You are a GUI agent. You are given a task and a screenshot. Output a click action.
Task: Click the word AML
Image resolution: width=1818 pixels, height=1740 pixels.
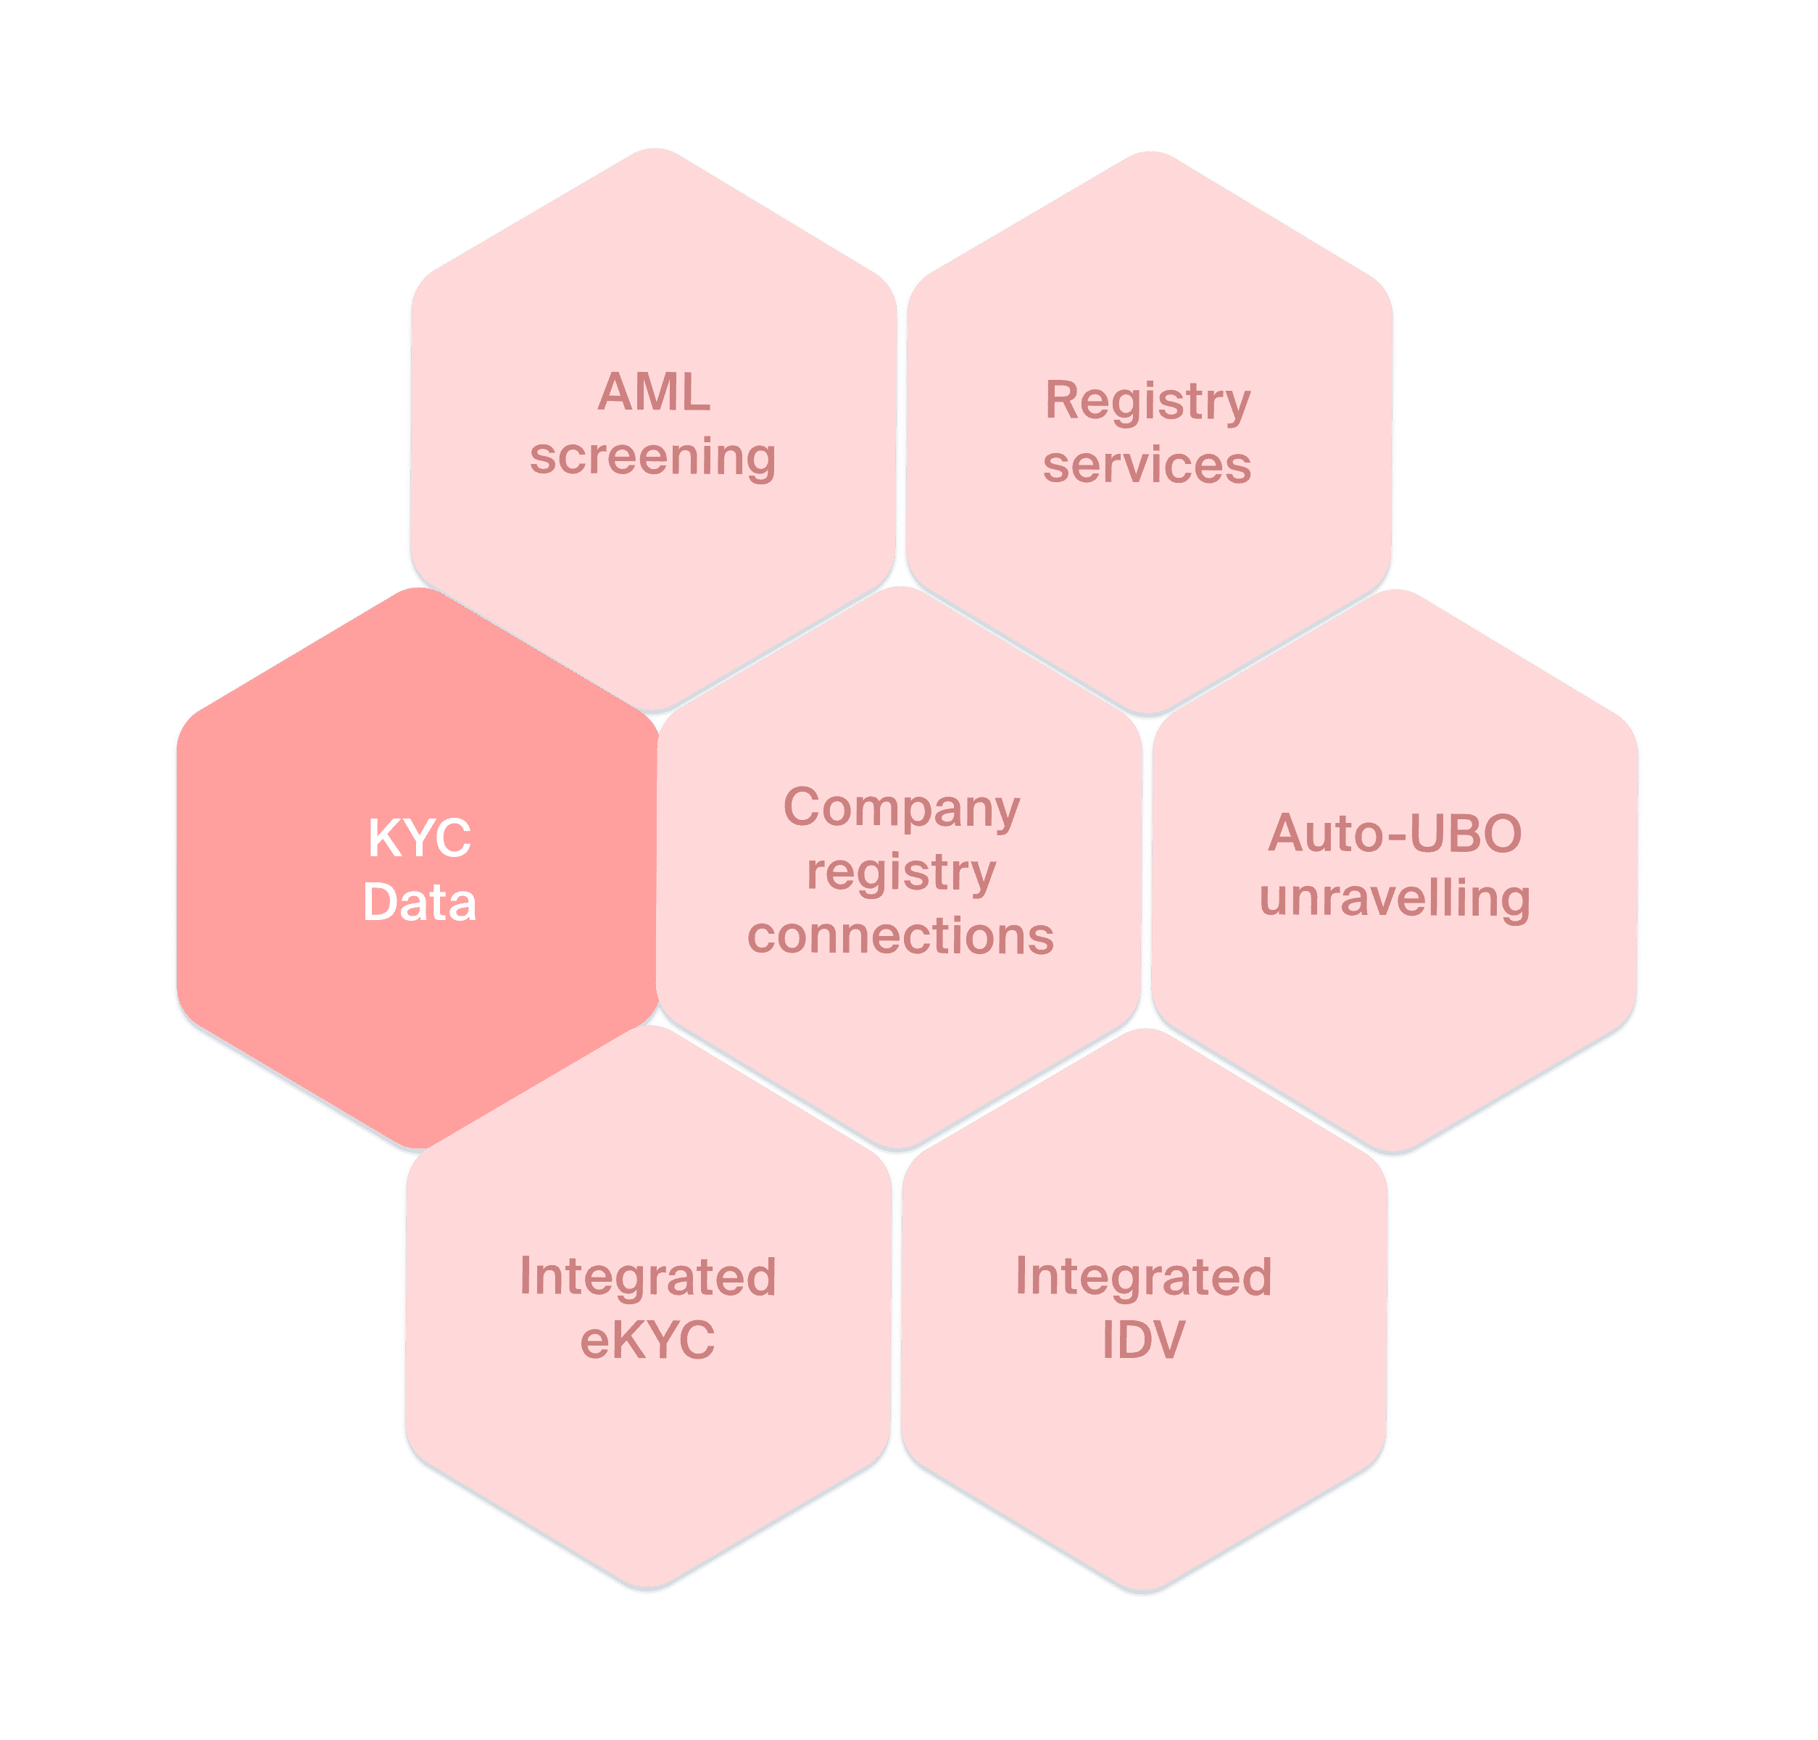click(x=654, y=392)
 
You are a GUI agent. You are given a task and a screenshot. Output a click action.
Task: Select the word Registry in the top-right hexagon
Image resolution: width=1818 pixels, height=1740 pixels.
click(x=1147, y=402)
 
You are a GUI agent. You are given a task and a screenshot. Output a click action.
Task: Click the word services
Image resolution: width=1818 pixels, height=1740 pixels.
click(x=1147, y=465)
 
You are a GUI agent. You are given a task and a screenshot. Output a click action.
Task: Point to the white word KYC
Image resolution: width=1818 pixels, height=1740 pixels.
click(x=419, y=839)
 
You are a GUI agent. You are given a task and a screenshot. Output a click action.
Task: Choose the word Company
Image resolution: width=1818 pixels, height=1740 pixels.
click(x=902, y=809)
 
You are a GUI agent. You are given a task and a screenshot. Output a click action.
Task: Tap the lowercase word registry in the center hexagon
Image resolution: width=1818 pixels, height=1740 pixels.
click(x=902, y=873)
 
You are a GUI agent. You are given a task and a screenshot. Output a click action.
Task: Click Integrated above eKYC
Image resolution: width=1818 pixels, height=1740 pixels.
click(x=647, y=1277)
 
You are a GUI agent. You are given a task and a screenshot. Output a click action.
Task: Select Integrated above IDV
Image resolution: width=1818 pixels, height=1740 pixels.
click(x=1144, y=1277)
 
